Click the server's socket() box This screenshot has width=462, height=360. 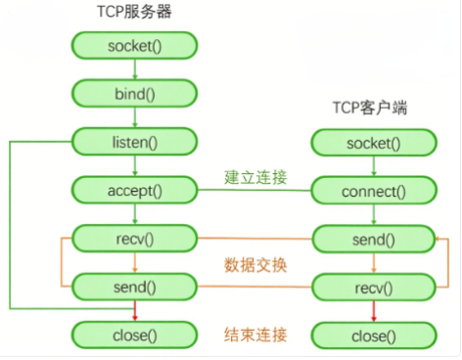[x=135, y=45]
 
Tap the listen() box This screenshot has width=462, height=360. [x=135, y=142]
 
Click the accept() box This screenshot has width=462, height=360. [x=135, y=190]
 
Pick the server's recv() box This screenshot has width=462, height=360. [x=135, y=238]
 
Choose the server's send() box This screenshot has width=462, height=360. [x=135, y=287]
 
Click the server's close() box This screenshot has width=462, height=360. [x=135, y=336]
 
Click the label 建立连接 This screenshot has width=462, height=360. [x=255, y=177]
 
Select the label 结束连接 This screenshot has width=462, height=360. [x=255, y=336]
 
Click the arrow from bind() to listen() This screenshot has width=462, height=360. [x=135, y=117]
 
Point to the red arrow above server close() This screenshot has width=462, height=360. [x=135, y=311]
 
